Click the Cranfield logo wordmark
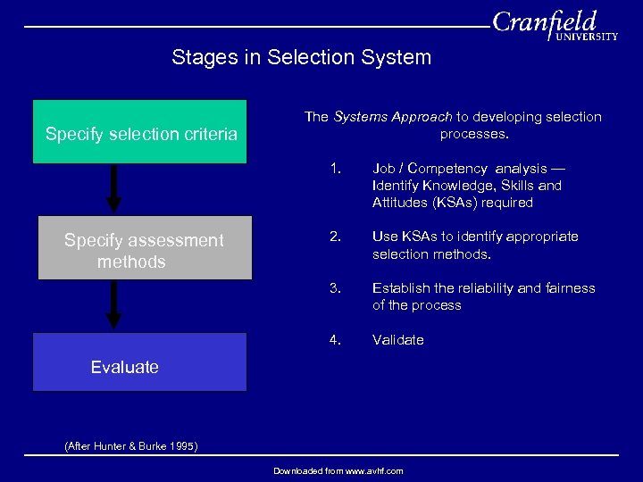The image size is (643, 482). tap(544, 22)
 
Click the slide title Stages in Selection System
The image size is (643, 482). tap(301, 58)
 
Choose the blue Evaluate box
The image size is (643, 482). tap(140, 362)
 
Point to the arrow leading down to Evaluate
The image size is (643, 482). tap(113, 305)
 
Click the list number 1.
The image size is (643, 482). tap(335, 169)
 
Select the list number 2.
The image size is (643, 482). tap(335, 237)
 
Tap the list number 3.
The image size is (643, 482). tap(335, 288)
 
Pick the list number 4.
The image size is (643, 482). tap(335, 340)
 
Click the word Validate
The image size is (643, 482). tap(397, 340)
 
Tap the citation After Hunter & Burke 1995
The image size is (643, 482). tap(131, 446)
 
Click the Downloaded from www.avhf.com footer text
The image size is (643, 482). tap(338, 470)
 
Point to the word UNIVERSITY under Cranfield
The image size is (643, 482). tap(587, 37)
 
